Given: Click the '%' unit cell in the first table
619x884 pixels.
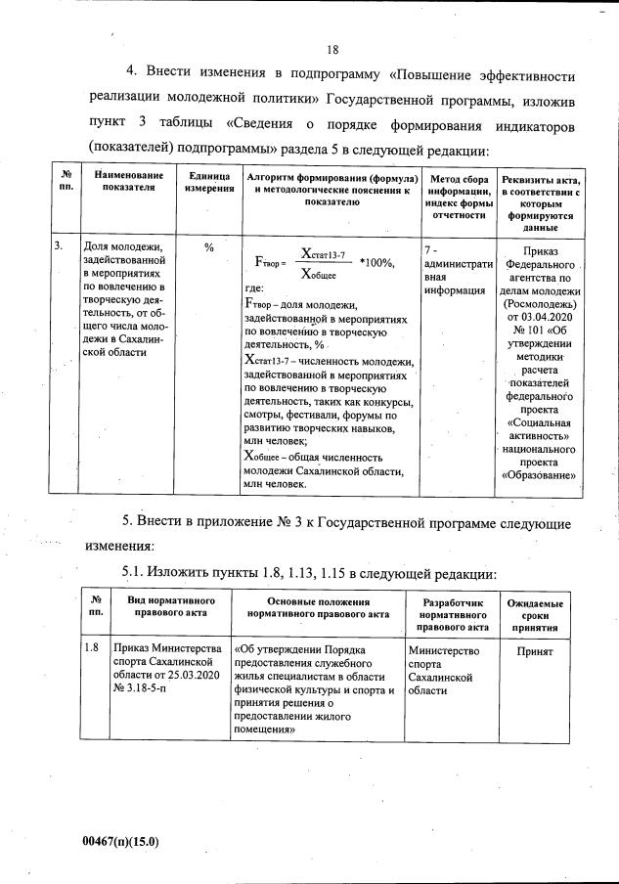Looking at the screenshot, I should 208,248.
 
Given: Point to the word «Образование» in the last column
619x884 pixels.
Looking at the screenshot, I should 540,476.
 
